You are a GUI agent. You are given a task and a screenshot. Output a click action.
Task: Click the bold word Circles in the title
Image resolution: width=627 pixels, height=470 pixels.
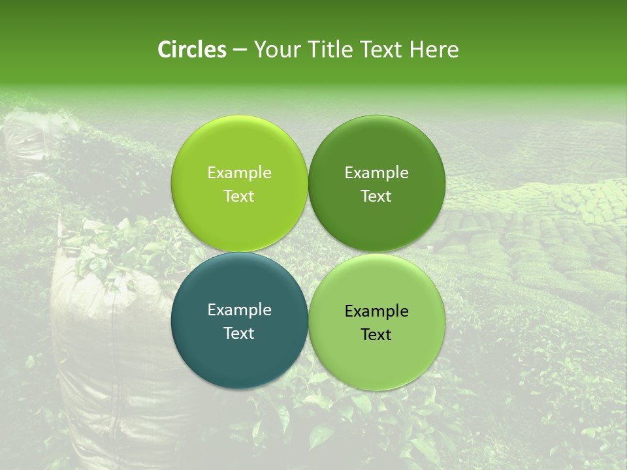192,50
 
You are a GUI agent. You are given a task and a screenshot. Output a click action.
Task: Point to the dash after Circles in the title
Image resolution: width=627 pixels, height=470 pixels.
240,50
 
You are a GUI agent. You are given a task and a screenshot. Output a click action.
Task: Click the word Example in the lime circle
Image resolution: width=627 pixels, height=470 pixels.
239,173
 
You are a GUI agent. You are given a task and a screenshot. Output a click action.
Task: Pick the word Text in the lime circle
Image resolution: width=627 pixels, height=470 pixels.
239,196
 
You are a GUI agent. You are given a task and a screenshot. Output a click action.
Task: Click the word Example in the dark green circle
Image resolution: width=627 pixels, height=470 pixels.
376,173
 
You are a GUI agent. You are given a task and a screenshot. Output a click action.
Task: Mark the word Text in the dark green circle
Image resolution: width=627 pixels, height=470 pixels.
376,196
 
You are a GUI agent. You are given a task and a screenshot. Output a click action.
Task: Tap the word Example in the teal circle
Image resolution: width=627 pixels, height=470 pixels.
239,310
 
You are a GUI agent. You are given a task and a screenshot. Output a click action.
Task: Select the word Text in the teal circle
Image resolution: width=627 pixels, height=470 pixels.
239,333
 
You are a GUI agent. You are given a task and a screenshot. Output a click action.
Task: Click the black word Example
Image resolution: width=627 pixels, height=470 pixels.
376,311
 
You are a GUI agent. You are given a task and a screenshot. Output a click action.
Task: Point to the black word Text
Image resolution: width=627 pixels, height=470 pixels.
376,334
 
